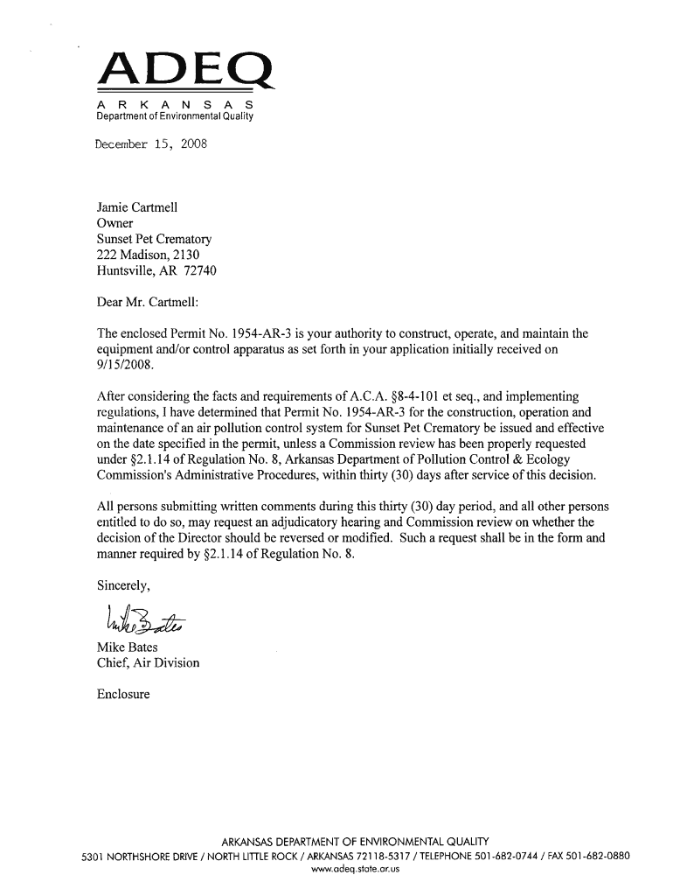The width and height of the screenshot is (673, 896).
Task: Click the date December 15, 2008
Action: pyautogui.click(x=150, y=143)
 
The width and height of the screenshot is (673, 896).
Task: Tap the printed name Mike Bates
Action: pyautogui.click(x=127, y=647)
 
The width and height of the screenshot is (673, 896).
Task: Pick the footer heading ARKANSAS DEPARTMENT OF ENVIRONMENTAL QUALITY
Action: pyautogui.click(x=354, y=841)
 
